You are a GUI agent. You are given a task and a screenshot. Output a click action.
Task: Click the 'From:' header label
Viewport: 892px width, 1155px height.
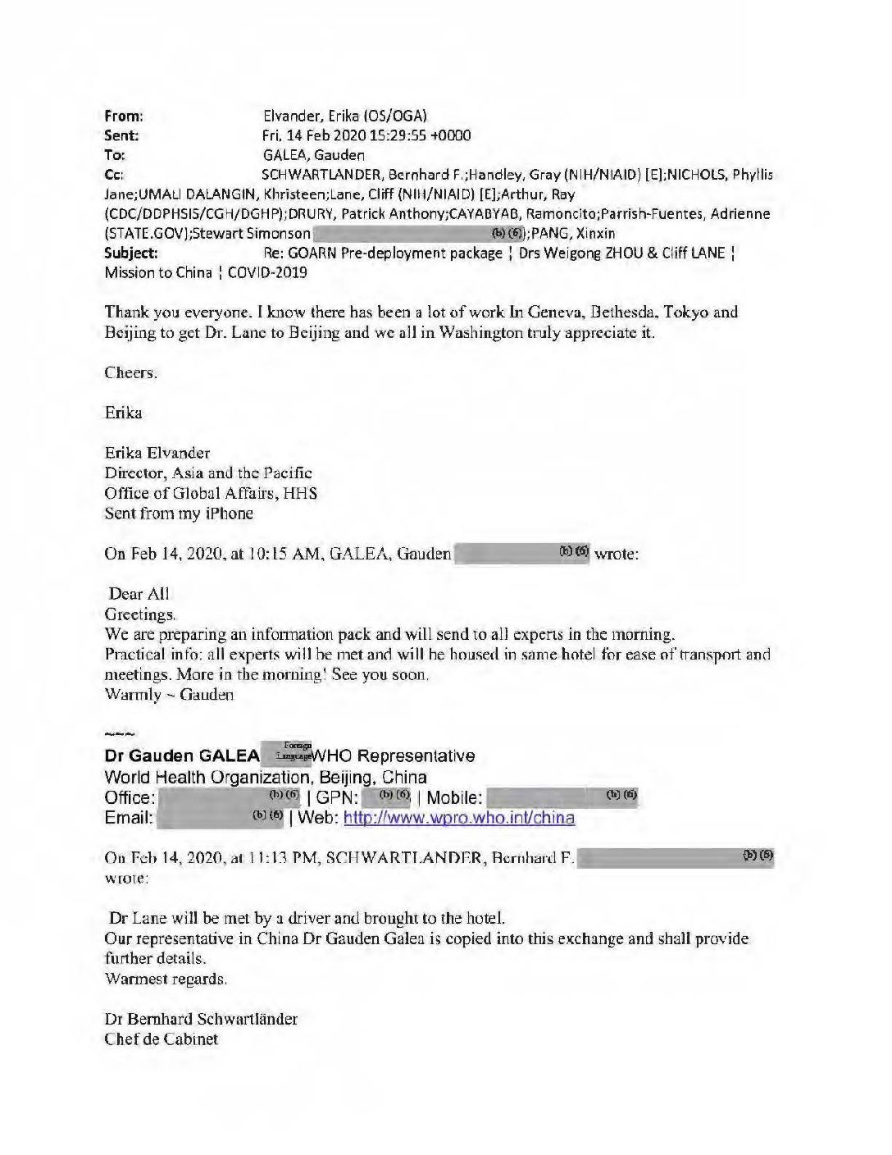click(x=124, y=116)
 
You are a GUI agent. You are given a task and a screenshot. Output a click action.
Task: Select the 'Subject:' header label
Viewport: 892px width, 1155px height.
click(x=131, y=253)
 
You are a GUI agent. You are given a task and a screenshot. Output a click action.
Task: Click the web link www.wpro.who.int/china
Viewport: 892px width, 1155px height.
click(x=458, y=818)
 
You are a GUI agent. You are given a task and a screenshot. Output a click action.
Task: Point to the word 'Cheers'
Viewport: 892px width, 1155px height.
click(x=130, y=372)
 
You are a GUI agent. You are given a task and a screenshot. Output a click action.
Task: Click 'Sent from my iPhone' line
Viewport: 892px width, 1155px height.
click(x=179, y=514)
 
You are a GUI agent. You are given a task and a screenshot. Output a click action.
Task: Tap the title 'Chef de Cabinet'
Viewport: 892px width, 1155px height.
click(x=162, y=1039)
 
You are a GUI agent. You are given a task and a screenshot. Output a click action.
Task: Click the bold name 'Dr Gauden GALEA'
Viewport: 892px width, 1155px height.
click(x=182, y=756)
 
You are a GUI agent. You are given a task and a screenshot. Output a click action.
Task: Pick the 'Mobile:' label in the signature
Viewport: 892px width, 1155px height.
click(x=454, y=797)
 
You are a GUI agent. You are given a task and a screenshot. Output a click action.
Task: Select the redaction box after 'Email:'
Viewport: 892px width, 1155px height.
click(x=221, y=818)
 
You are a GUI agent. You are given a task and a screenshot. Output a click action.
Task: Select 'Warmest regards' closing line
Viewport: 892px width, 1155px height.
click(x=166, y=979)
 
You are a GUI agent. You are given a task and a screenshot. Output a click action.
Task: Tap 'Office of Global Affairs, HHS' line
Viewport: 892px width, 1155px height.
click(x=211, y=493)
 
